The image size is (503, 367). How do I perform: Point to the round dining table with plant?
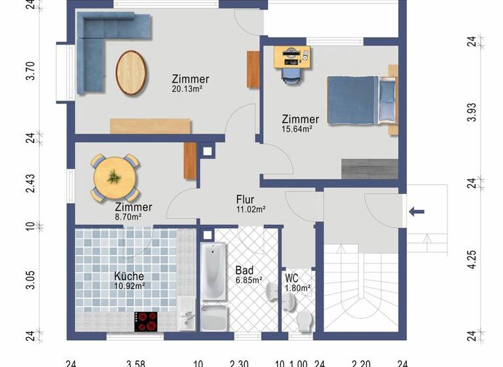[x=115, y=177]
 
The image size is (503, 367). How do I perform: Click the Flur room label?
[x=245, y=200]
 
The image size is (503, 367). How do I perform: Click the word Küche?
[x=128, y=277]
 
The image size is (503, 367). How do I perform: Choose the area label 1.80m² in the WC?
[x=299, y=287]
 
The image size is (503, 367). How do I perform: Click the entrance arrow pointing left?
[x=416, y=211]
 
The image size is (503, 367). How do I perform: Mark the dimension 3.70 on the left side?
[x=30, y=71]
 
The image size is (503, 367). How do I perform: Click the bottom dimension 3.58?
[x=136, y=362]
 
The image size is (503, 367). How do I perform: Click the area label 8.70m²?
[x=128, y=216]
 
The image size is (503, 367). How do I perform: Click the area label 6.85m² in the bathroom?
[x=249, y=280]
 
